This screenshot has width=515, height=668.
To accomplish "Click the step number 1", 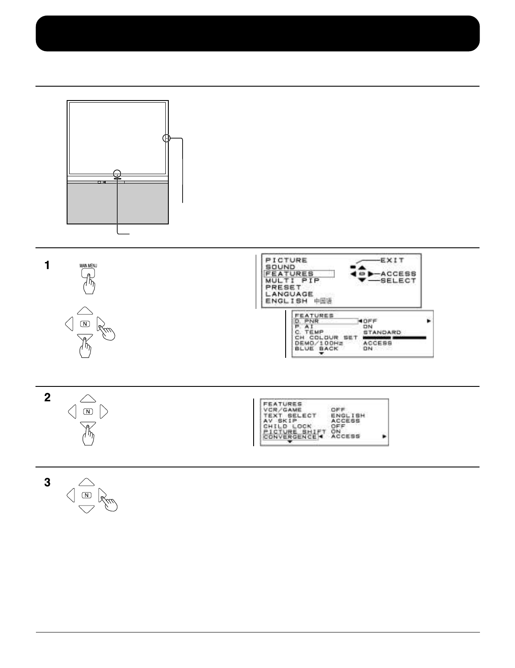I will pyautogui.click(x=46, y=265).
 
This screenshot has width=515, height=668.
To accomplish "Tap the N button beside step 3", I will pyautogui.click(x=87, y=495).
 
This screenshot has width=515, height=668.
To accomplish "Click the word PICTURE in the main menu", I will pyautogui.click(x=286, y=260).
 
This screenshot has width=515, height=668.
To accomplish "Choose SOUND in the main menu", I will pyautogui.click(x=280, y=267).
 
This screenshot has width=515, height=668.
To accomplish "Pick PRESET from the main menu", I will pyautogui.click(x=283, y=287).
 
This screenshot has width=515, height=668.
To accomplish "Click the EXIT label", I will pyautogui.click(x=392, y=260).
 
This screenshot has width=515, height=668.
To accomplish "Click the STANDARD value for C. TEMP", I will pyautogui.click(x=381, y=332).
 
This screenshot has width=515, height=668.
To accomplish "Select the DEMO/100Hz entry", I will pyautogui.click(x=319, y=343).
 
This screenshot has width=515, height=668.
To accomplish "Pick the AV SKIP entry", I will pyautogui.click(x=280, y=421).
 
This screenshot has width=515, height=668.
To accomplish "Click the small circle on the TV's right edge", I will pyautogui.click(x=167, y=139).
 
